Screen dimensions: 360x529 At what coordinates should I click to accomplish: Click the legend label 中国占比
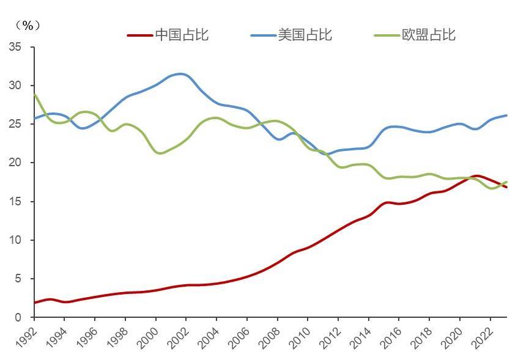[x=182, y=34]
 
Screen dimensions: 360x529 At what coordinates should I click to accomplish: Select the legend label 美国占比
[x=305, y=34]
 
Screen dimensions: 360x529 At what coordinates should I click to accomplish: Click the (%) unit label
[x=28, y=25]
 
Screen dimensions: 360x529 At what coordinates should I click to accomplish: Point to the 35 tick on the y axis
[x=14, y=47]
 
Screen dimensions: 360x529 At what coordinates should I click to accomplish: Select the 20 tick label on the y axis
[x=14, y=163]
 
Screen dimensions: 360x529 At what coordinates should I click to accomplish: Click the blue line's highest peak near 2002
[x=180, y=74]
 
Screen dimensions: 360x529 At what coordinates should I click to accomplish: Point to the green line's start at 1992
[x=35, y=95]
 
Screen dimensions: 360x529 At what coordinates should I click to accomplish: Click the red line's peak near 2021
[x=478, y=176]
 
